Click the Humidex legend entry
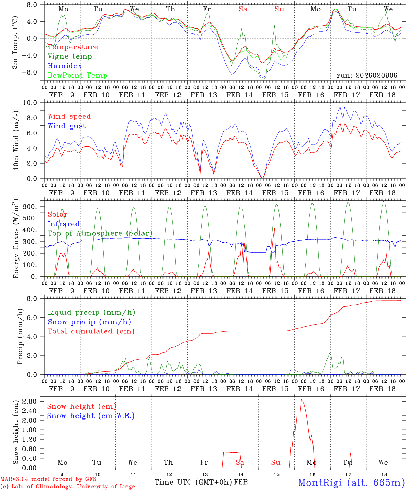pos(65,66)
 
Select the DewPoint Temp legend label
pos(78,76)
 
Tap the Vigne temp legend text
pos(70,56)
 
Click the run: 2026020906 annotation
pos(367,76)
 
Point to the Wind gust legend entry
pos(67,126)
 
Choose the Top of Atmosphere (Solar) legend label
pos(100,233)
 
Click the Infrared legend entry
pos(64,224)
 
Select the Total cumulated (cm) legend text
pos(91,331)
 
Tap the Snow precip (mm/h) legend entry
pos(89,322)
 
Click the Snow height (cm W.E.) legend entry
pos(90,416)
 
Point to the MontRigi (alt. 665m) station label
pos(352,483)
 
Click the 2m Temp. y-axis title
pos(15,42)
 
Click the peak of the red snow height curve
pos(301,399)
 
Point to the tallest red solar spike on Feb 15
pos(274,228)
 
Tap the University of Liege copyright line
pos(68,487)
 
